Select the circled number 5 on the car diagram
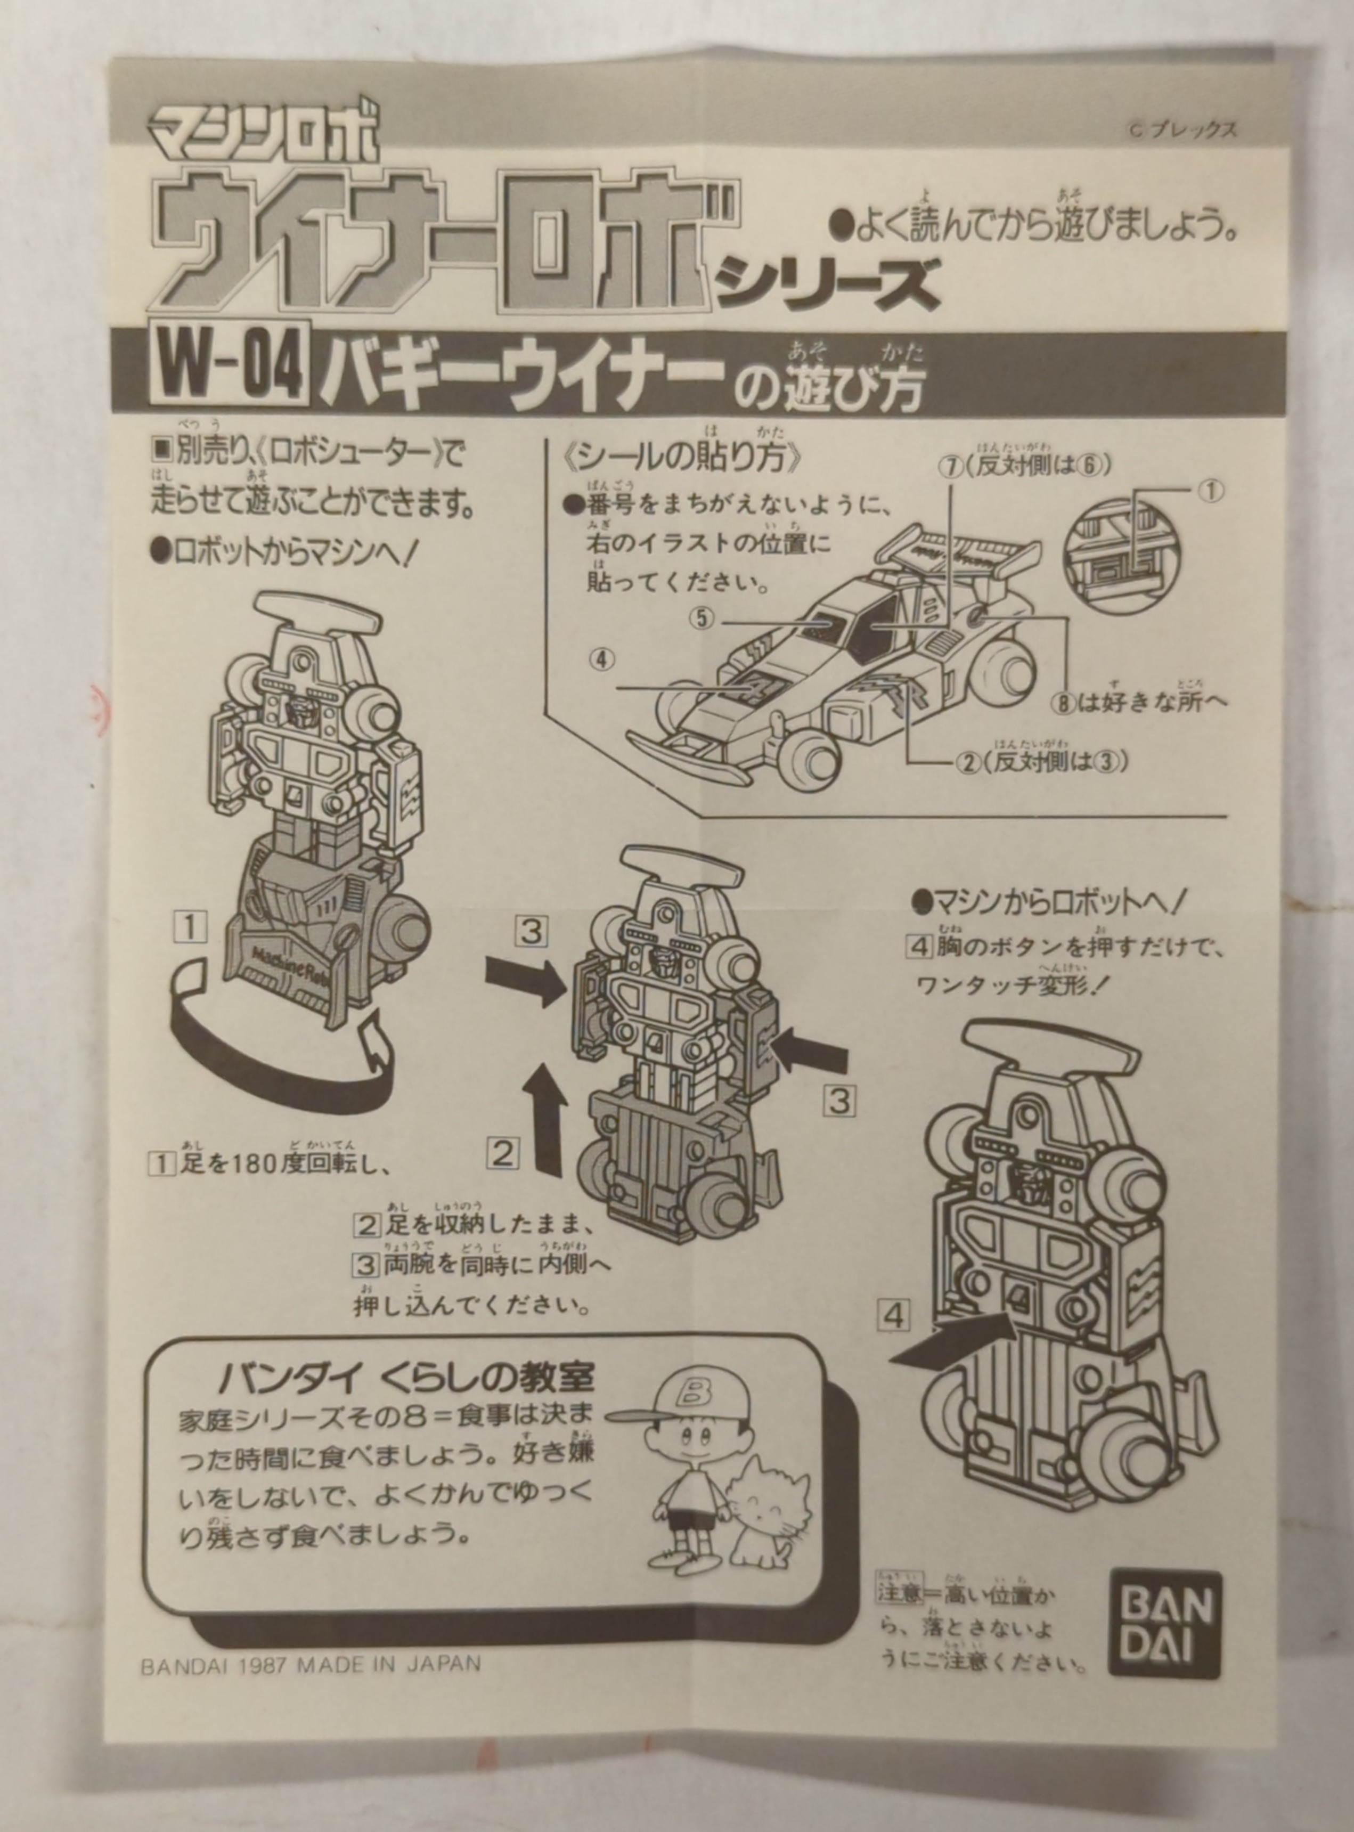[702, 618]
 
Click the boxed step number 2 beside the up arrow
[503, 1154]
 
